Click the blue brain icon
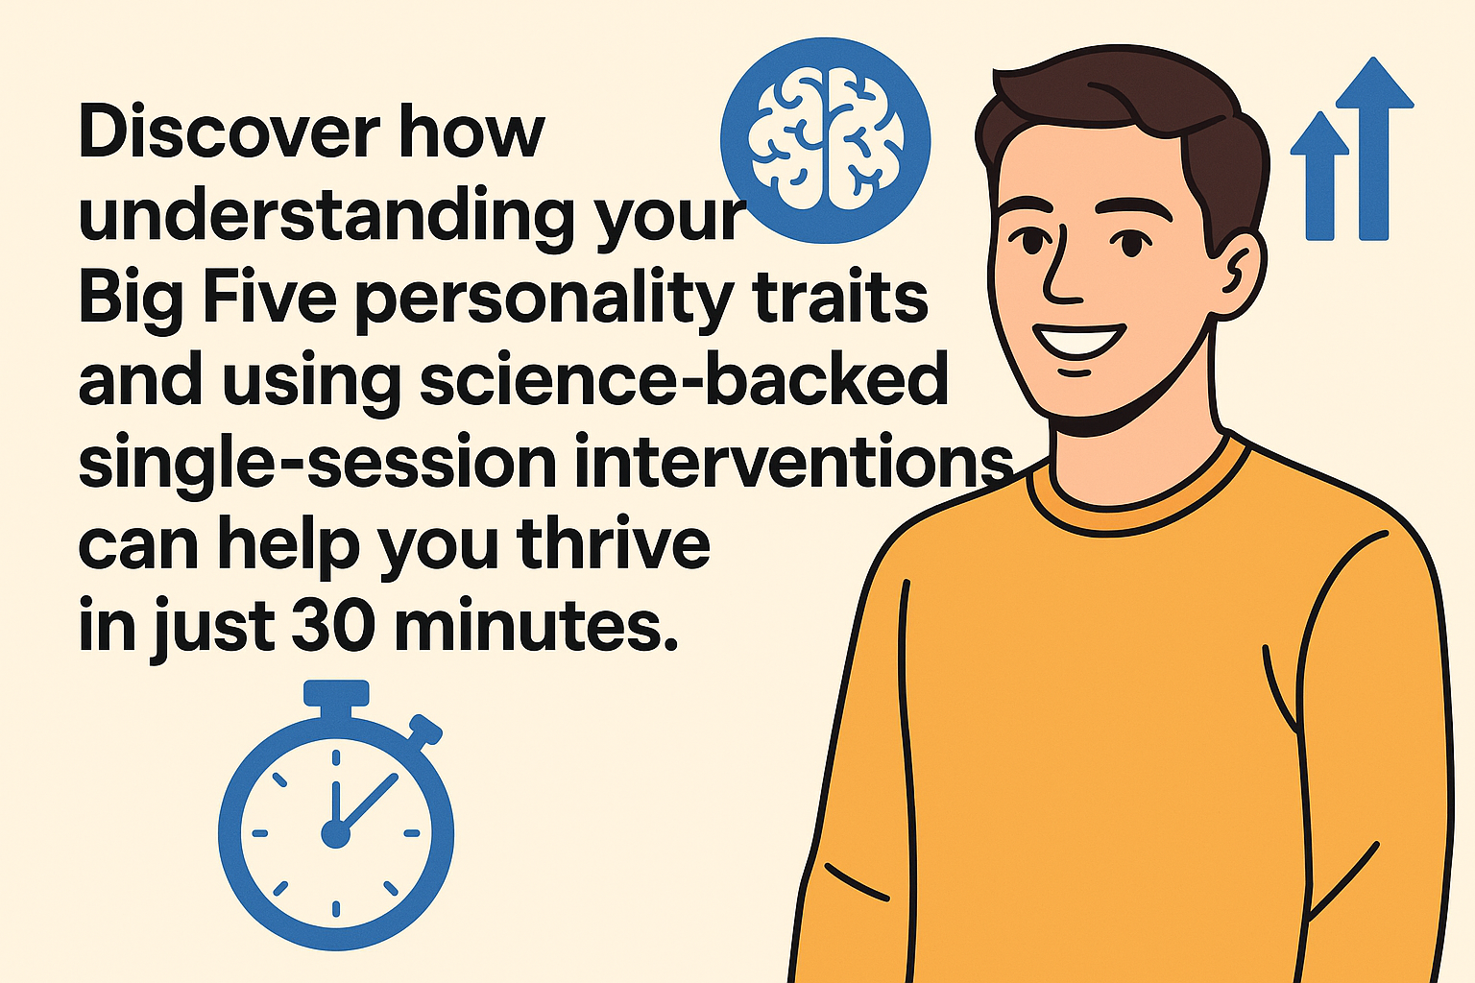coord(825,140)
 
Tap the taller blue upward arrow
coord(1373,148)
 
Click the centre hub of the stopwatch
coord(336,834)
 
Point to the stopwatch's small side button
coord(424,731)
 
